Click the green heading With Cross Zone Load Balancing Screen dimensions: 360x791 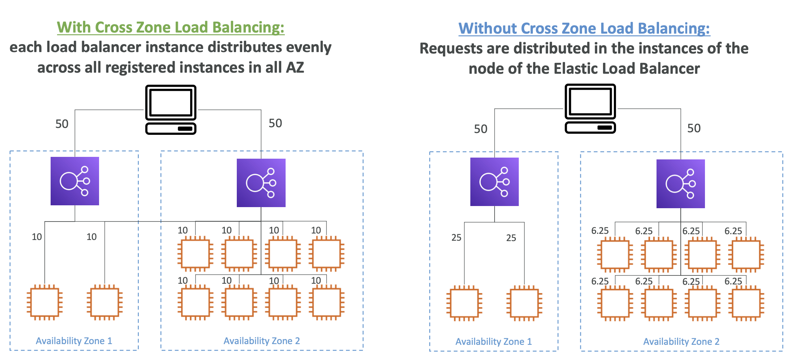[x=171, y=27]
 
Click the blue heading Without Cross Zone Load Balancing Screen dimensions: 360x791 [x=584, y=29]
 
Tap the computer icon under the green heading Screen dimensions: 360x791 [x=171, y=110]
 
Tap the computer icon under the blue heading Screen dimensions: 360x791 [x=590, y=108]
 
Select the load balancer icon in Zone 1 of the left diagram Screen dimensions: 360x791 [x=75, y=181]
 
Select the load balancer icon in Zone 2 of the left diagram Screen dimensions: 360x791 [x=261, y=183]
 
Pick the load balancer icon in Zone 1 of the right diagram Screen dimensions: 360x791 [x=495, y=182]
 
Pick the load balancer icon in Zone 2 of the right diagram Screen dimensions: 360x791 [x=681, y=184]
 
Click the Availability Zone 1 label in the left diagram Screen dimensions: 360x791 [x=74, y=341]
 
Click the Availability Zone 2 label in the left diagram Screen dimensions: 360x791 [x=262, y=341]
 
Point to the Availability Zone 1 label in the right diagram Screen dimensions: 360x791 [x=494, y=342]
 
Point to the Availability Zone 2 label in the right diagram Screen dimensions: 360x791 [x=681, y=342]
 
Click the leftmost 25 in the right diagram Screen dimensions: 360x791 [x=456, y=237]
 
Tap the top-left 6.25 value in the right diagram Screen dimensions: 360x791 [x=600, y=231]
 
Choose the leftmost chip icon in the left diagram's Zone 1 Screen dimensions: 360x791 [x=45, y=303]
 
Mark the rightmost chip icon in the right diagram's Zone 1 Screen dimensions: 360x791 [x=524, y=303]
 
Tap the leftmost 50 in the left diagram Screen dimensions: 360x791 [x=62, y=124]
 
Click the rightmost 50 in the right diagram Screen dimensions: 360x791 [x=694, y=128]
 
